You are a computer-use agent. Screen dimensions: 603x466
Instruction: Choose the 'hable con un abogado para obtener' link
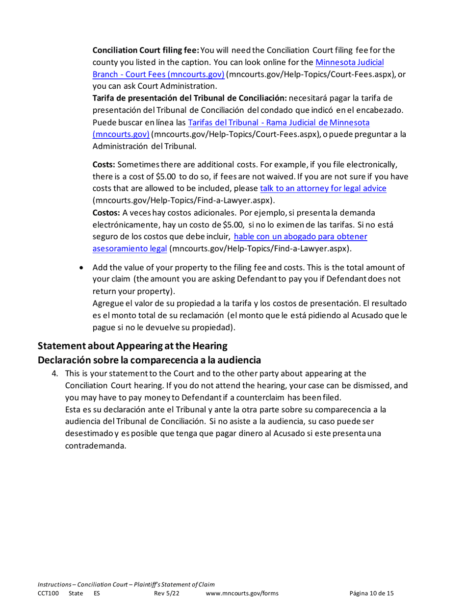pyautogui.click(x=301, y=236)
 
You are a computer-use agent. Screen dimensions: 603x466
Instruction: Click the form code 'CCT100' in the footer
pyautogui.click(x=48, y=593)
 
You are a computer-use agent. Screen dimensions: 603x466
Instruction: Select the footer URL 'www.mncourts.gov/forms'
pyautogui.click(x=242, y=593)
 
